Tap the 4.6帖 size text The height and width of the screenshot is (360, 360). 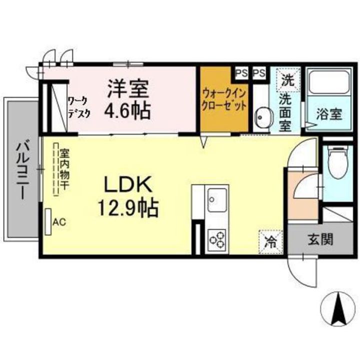[127, 110]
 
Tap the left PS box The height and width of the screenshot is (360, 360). [241, 73]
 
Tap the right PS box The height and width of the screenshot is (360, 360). [258, 73]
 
